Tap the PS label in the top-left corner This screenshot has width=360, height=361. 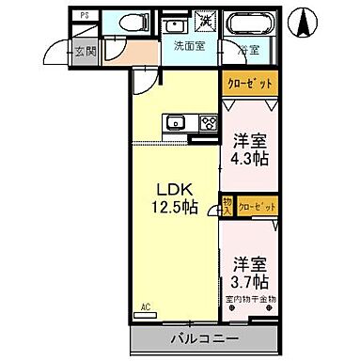[85, 16]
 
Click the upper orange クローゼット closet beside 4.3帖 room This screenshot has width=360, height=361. [251, 83]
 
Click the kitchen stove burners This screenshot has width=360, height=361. [207, 121]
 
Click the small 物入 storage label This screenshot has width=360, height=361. [227, 204]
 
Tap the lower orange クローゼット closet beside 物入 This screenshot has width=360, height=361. [257, 204]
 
